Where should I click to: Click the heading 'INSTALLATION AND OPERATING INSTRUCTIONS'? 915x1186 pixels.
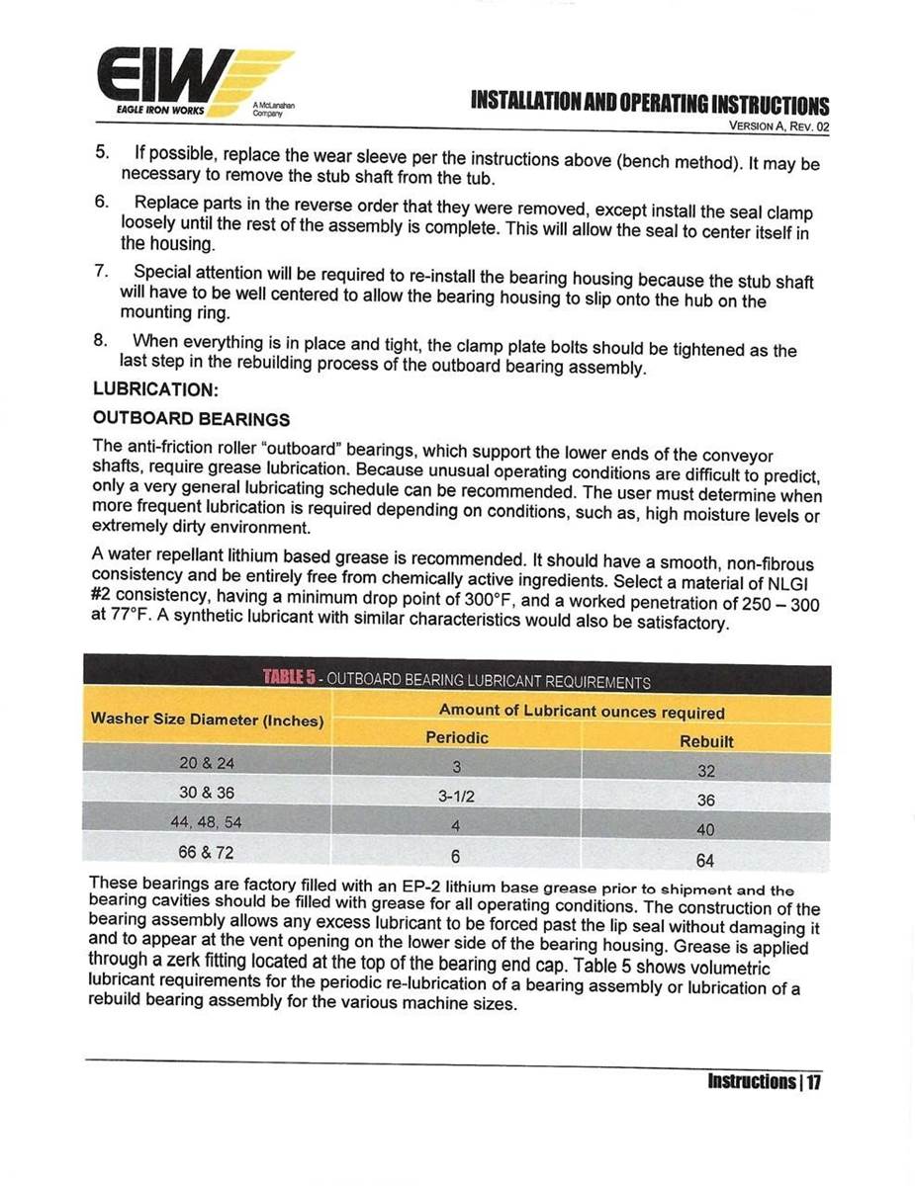click(x=650, y=104)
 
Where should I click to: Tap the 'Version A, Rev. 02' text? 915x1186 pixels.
click(x=778, y=127)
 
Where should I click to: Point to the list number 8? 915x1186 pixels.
click(x=101, y=340)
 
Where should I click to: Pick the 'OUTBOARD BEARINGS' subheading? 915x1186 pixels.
click(x=191, y=420)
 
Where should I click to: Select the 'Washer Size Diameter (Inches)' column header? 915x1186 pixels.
click(x=208, y=720)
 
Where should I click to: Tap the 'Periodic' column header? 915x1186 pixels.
click(x=457, y=738)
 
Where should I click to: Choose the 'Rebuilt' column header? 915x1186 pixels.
click(x=706, y=740)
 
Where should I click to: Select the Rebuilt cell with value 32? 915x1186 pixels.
click(x=705, y=771)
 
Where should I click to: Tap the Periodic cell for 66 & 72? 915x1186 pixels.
click(x=457, y=856)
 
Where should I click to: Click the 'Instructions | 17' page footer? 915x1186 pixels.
click(x=764, y=1081)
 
